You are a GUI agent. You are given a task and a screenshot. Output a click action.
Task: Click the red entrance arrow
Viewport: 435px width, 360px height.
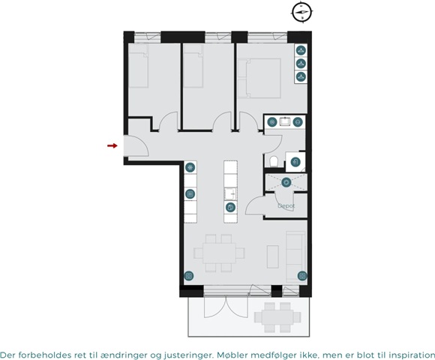click(x=112, y=145)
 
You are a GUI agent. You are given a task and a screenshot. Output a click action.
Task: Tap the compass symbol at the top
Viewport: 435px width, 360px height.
click(x=302, y=12)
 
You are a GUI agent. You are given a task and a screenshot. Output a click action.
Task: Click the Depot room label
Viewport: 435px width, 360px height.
click(x=286, y=205)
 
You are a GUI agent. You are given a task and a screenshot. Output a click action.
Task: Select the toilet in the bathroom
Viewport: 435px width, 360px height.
click(x=274, y=161)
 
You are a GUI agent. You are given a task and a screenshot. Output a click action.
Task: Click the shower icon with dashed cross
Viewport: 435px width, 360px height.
click(x=286, y=182)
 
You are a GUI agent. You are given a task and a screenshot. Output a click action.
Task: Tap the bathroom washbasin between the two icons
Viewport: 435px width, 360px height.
click(x=285, y=121)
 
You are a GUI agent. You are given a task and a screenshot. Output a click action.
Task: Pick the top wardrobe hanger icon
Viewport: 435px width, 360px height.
click(x=301, y=50)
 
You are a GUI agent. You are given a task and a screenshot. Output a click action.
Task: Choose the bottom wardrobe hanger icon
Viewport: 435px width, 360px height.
click(x=301, y=76)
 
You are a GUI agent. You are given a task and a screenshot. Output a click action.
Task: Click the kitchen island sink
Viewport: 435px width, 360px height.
click(x=230, y=193)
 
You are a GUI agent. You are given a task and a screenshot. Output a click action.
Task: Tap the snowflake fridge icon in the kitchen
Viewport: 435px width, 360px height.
click(x=190, y=167)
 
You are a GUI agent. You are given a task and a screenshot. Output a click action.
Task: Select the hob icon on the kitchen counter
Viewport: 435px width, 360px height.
click(x=190, y=193)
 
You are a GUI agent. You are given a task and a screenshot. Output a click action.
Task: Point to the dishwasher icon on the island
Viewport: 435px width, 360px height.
click(x=230, y=207)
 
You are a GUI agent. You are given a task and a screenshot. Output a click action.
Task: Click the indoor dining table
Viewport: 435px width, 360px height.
click(x=220, y=253)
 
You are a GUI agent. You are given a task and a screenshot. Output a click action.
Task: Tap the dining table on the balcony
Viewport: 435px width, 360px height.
click(x=277, y=317)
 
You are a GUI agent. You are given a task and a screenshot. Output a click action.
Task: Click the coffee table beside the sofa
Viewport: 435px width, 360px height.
click(x=273, y=256)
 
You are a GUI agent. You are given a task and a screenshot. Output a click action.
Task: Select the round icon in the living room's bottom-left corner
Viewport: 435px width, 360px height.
click(x=189, y=276)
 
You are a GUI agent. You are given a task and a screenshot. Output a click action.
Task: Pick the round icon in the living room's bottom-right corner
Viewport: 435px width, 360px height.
click(x=302, y=276)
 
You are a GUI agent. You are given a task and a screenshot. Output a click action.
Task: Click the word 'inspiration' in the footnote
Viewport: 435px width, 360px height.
click(x=412, y=355)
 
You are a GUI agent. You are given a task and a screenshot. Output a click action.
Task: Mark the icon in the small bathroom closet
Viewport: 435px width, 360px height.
click(x=295, y=162)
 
